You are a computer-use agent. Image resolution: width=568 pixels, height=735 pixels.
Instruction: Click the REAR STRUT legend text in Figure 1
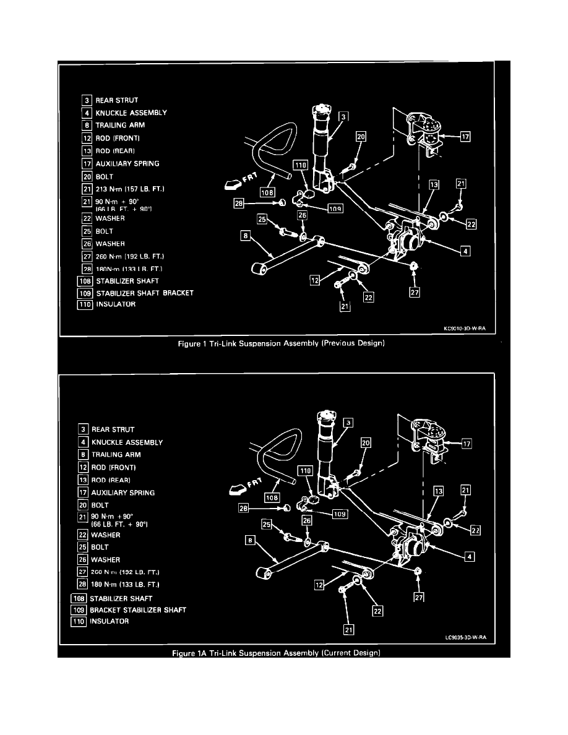[x=116, y=100]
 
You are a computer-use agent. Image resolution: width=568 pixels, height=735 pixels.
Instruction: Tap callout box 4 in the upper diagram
[x=465, y=251]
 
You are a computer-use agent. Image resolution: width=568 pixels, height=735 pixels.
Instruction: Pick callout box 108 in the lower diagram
[x=271, y=497]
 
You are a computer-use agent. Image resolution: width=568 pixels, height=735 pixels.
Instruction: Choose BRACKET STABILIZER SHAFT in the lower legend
[x=137, y=610]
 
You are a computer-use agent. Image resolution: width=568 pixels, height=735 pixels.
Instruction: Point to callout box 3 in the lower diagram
[x=348, y=423]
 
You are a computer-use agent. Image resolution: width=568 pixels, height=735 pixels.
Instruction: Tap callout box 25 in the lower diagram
[x=267, y=525]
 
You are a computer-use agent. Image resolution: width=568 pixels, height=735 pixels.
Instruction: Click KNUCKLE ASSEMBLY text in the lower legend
[x=127, y=442]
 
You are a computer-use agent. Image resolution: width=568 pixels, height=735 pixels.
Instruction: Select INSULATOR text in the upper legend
[x=116, y=304]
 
